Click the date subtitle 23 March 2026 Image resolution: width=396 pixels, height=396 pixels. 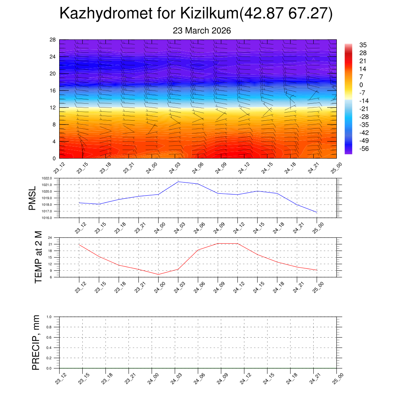point(202,31)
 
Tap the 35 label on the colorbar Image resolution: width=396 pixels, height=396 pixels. point(363,45)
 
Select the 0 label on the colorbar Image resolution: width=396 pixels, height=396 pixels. point(361,85)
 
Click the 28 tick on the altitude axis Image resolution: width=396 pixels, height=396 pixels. point(53,40)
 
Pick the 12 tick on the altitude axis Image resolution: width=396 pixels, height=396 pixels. point(53,108)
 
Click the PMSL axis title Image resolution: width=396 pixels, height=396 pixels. point(32,198)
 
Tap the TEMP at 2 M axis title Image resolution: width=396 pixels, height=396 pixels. point(38,257)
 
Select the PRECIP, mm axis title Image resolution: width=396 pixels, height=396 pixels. point(36,343)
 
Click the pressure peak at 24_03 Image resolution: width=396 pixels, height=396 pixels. point(178,182)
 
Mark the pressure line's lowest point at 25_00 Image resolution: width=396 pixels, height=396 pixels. point(317,212)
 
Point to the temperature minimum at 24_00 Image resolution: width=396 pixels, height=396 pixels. point(158,274)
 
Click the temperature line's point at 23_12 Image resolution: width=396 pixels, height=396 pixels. point(79,244)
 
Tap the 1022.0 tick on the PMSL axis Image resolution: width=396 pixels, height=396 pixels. point(52,178)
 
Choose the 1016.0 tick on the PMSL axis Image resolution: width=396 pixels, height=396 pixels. point(52,218)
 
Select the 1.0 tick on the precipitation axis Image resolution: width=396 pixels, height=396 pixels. point(55,317)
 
